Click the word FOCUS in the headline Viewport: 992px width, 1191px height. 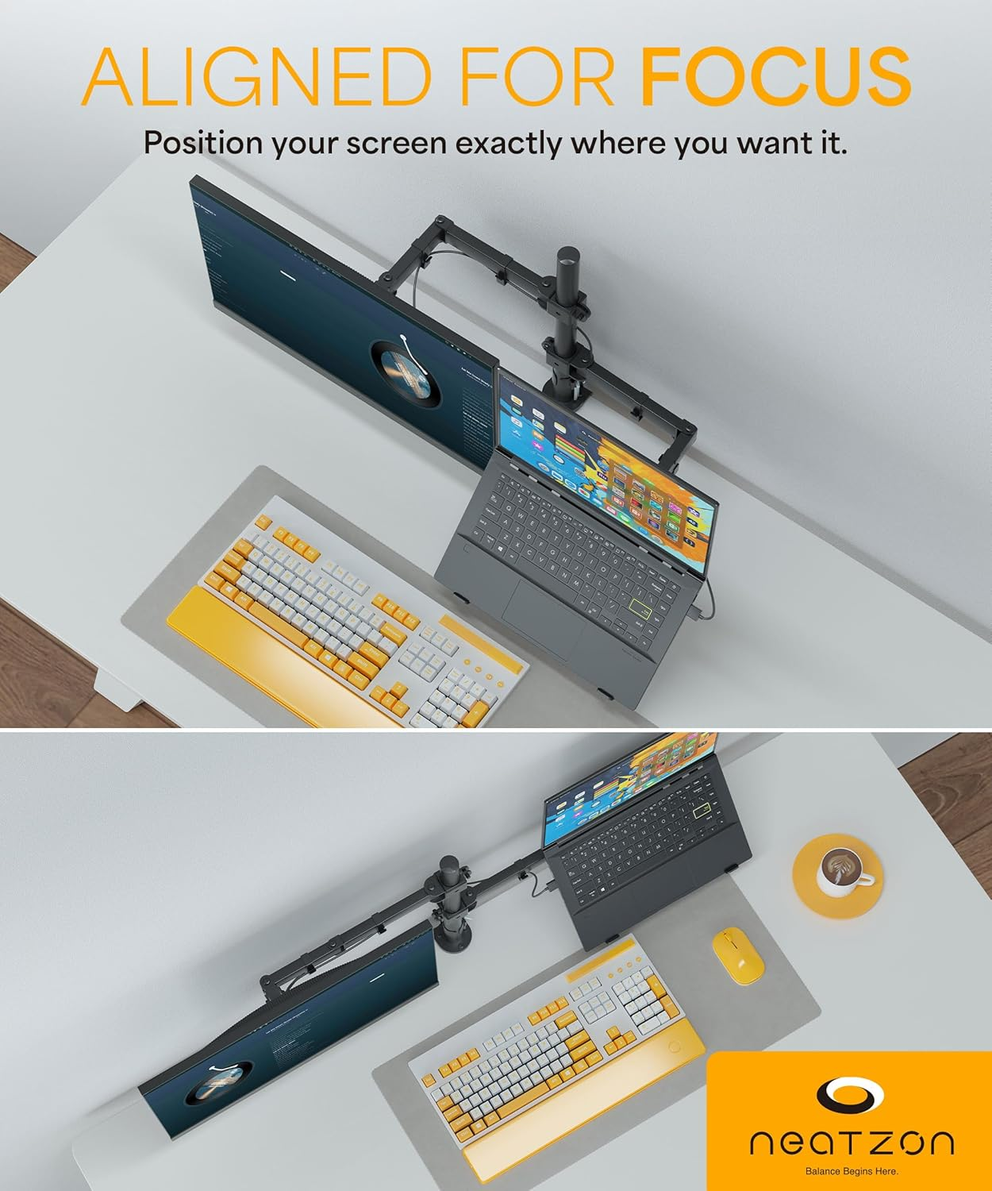pos(775,77)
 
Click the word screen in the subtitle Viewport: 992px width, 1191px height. pos(389,144)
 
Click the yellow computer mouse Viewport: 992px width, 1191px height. pos(738,956)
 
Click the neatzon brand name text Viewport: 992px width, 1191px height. pos(852,1143)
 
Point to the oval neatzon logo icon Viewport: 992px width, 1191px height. pos(851,1096)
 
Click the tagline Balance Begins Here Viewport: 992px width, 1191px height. pos(852,1171)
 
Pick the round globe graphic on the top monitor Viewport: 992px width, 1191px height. pos(406,375)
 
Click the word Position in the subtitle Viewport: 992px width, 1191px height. pos(202,144)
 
